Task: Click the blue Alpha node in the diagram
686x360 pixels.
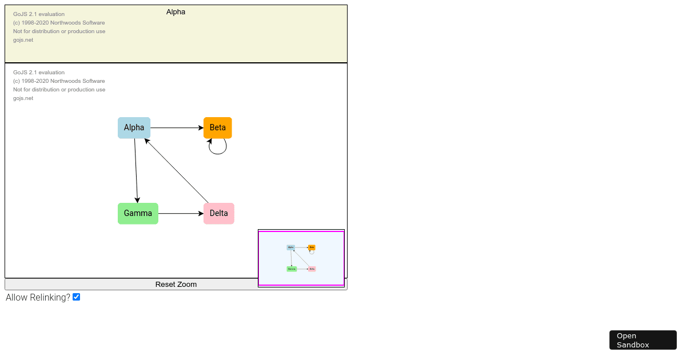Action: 134,128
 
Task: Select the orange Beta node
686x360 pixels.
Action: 218,127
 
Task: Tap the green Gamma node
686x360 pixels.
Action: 138,214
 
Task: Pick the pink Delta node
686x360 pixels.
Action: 219,214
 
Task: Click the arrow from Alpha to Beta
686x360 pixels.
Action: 177,128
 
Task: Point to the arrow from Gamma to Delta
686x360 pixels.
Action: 181,214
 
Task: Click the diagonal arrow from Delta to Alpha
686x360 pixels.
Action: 177,171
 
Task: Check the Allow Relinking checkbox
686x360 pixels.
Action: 77,297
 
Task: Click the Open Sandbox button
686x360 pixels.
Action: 643,340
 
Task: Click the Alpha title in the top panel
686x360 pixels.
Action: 176,12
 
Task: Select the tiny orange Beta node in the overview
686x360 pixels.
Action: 312,247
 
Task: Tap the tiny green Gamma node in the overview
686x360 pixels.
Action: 292,269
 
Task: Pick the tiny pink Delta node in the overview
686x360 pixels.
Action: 312,269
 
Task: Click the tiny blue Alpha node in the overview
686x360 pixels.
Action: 291,247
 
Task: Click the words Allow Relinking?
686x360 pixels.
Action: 38,298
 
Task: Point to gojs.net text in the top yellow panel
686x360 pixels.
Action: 23,40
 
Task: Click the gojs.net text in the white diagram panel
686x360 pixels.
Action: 23,98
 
